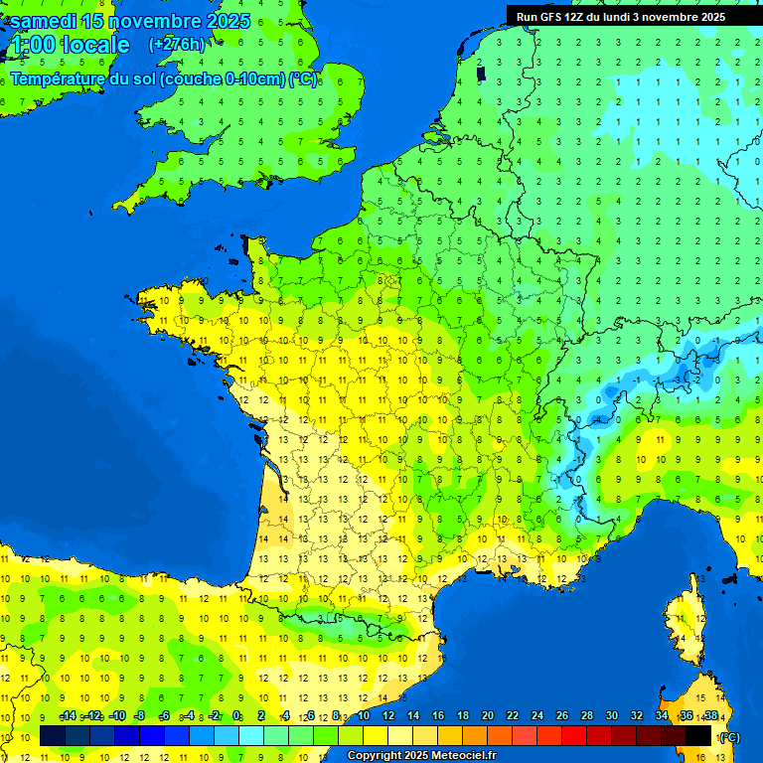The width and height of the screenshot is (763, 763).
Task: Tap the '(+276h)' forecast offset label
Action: [x=177, y=44]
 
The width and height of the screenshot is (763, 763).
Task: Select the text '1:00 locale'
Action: [x=69, y=45]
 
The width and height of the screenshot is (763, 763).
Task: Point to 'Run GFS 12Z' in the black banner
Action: [x=550, y=17]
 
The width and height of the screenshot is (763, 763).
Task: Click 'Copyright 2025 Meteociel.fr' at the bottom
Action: [x=421, y=756]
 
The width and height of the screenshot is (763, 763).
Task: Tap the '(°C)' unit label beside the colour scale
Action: [x=728, y=737]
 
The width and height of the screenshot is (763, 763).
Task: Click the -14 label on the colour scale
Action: [x=68, y=716]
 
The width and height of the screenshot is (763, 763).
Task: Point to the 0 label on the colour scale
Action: [x=237, y=716]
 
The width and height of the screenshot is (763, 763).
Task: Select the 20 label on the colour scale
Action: [x=487, y=716]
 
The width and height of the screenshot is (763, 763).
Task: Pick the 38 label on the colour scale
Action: [x=710, y=716]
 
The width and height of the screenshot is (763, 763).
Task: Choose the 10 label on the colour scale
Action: [x=363, y=716]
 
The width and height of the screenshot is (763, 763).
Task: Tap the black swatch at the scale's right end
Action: [x=698, y=736]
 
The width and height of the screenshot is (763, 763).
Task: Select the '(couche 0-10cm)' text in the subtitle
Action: [x=223, y=78]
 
